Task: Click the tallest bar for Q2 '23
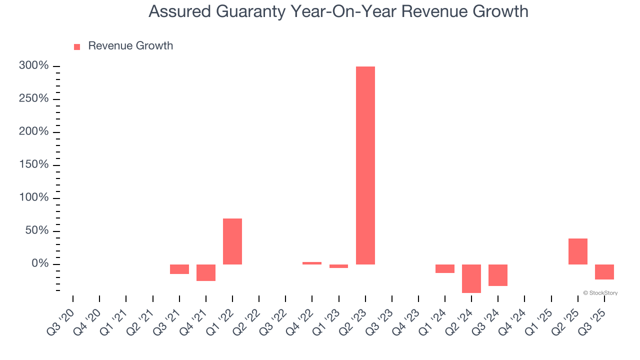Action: coord(365,165)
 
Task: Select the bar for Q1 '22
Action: coord(232,241)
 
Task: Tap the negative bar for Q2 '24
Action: coord(471,278)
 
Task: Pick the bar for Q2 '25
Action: coord(577,251)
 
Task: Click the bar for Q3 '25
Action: coord(604,272)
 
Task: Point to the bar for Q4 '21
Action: coord(206,272)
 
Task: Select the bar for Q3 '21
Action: coord(179,269)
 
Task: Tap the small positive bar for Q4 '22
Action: coord(312,263)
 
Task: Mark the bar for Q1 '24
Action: coord(444,268)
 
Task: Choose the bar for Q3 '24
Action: coord(497,275)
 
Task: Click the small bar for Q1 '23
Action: coord(338,266)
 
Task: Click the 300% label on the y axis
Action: coord(33,66)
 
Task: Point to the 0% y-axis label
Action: coord(40,263)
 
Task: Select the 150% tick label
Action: coord(33,165)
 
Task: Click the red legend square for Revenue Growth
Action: coord(77,47)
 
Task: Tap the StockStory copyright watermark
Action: coord(600,293)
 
